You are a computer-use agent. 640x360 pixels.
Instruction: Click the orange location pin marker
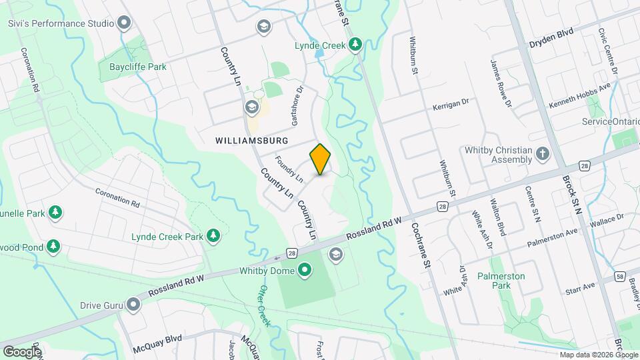(321, 159)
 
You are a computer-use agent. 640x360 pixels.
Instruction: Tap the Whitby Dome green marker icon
(305, 270)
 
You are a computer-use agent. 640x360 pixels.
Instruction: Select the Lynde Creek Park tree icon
(213, 235)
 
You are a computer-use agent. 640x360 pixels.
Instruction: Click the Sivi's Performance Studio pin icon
(123, 23)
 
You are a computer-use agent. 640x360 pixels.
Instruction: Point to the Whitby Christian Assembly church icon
(543, 155)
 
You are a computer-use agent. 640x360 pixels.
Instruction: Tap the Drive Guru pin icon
(134, 305)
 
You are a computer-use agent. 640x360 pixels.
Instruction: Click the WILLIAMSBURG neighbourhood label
(252, 141)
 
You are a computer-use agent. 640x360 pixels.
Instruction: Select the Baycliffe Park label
(133, 67)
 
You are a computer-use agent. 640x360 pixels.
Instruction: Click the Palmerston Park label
(501, 280)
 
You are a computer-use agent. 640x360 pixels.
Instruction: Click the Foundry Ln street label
(289, 170)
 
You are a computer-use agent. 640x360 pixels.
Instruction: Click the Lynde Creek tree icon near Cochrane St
(356, 45)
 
